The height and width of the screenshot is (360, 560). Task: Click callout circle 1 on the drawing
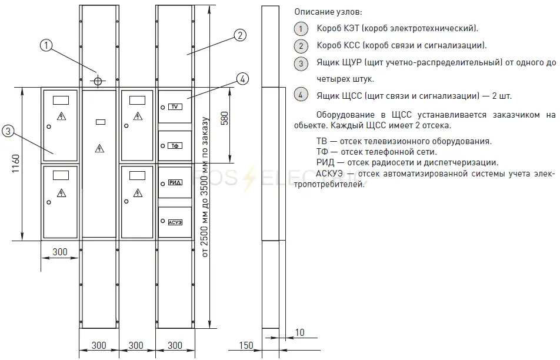tap(46, 45)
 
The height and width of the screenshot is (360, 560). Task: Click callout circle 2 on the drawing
tap(240, 35)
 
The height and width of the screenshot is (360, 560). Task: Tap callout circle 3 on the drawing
tap(8, 131)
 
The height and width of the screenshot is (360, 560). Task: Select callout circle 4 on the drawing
tap(242, 79)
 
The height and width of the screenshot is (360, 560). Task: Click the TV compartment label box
tap(175, 107)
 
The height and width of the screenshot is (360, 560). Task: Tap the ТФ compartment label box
tap(175, 146)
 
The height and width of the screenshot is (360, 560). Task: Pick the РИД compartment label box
tap(175, 183)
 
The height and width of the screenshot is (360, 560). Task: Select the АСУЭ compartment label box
tap(175, 222)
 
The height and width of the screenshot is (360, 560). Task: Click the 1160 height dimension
tap(16, 164)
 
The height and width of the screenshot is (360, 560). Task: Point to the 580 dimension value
tap(224, 118)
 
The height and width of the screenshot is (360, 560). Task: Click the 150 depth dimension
tap(246, 345)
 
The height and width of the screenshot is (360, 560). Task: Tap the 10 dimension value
tap(299, 332)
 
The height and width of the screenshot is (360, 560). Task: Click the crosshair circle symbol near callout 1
tap(98, 81)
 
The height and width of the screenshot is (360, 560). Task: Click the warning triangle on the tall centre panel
tap(99, 148)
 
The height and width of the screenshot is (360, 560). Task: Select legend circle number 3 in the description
tap(301, 63)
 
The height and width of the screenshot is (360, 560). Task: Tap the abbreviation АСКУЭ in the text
tap(329, 174)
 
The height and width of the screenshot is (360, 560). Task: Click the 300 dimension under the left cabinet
tap(59, 252)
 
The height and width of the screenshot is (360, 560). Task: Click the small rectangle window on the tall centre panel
tap(101, 122)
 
